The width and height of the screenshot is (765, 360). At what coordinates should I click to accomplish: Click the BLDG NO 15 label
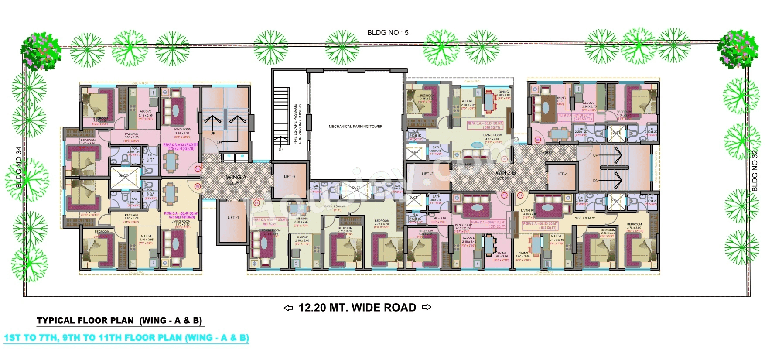pos(388,33)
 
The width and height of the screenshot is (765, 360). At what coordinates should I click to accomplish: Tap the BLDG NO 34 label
pos(19,167)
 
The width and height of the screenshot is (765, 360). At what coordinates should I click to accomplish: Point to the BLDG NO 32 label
pos(755,171)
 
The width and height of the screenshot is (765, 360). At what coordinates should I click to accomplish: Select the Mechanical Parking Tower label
pos(355,127)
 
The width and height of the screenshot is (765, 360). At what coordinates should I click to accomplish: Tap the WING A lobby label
pos(236,178)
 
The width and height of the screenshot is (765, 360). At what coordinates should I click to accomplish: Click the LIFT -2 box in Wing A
pos(290,177)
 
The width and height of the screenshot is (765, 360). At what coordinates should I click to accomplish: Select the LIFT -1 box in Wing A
pos(232,217)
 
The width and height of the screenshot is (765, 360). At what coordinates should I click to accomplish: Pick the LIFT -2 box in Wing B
pos(427,174)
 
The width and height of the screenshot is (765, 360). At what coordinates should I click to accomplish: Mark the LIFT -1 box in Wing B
pos(562,174)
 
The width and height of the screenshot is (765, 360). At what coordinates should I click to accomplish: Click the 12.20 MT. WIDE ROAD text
pos(357,308)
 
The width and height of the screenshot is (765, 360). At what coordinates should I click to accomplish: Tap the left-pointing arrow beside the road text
pos(288,308)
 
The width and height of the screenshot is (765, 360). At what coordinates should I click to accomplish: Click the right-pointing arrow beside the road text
pos(427,307)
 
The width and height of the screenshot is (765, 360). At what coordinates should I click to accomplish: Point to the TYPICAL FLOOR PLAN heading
pos(120,321)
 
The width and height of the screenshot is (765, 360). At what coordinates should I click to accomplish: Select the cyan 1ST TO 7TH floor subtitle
pos(126,338)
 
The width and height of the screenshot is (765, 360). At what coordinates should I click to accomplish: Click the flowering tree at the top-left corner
pos(41,51)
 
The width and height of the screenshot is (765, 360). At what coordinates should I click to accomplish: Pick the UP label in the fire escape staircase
pos(281,149)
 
